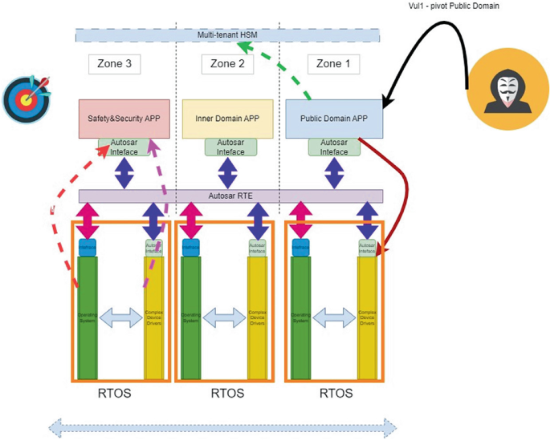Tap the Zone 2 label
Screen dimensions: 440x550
tap(227, 64)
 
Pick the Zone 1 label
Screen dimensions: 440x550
tap(333, 64)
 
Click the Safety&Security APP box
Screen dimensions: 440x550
tap(124, 119)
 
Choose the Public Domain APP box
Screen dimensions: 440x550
tap(334, 119)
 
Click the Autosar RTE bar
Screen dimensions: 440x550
tap(230, 196)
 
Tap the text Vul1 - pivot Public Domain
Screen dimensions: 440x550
tap(454, 6)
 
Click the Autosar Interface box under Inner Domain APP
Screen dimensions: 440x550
tap(230, 147)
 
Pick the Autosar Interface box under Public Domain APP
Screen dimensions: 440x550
tap(334, 147)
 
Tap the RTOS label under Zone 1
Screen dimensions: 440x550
tap(335, 394)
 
